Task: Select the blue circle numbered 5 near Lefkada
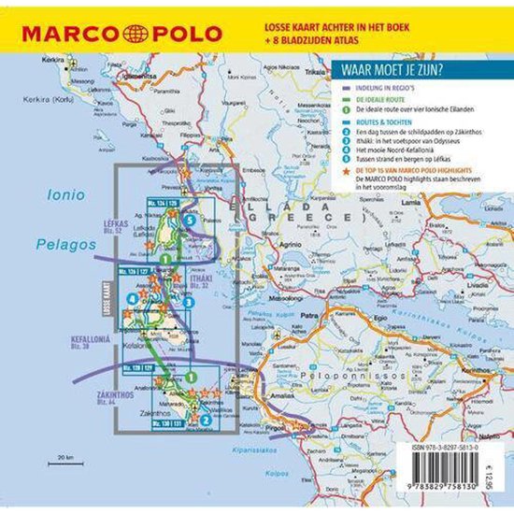click(190, 220)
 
